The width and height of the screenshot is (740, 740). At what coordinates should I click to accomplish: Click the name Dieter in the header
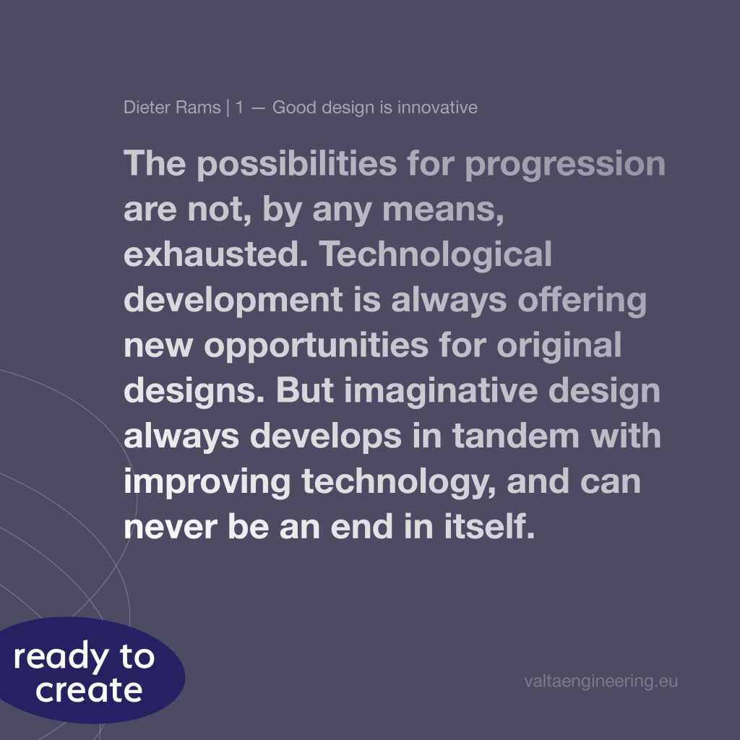[x=147, y=108]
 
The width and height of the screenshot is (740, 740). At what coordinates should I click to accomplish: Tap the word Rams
[x=198, y=108]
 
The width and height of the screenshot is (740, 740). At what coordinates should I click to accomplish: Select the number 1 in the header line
[x=239, y=108]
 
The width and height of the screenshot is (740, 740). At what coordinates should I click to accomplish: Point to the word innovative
[x=437, y=108]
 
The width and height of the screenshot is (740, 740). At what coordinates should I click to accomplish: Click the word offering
[x=582, y=300]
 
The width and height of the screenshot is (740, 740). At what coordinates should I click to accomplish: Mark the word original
[x=559, y=346]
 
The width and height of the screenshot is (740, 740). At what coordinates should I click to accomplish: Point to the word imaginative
[x=440, y=392]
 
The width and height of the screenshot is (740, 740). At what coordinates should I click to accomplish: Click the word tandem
[x=515, y=436]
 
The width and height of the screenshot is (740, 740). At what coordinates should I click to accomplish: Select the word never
[x=171, y=528]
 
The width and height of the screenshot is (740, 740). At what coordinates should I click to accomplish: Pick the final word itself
[x=489, y=526]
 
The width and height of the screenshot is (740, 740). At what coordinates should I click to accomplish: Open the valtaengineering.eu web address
[x=601, y=681]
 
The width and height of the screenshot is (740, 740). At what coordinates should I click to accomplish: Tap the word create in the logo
[x=89, y=691]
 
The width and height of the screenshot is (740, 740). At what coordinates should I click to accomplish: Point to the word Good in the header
[x=294, y=108]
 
